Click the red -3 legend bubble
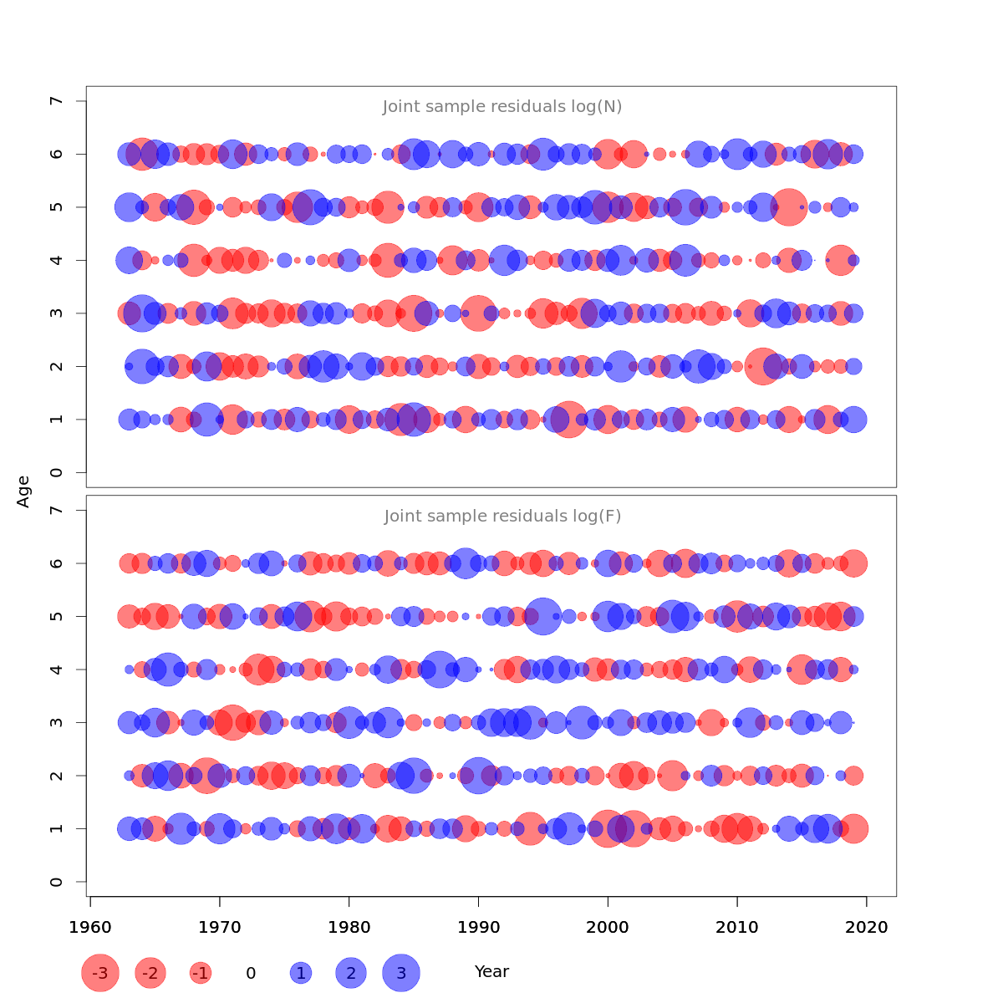(x=100, y=973)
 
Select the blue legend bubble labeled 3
(x=401, y=973)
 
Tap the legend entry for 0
(x=251, y=973)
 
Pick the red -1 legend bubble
(x=200, y=973)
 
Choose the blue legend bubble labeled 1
(x=301, y=973)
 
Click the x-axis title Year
(x=491, y=971)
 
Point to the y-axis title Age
(x=23, y=491)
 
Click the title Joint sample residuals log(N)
(x=502, y=107)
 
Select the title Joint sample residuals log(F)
(x=502, y=517)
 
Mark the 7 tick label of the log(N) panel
(x=56, y=101)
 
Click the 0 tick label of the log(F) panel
(x=56, y=882)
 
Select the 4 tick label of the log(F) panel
(x=56, y=670)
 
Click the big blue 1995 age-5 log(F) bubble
(x=543, y=617)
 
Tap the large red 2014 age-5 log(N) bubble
(x=788, y=207)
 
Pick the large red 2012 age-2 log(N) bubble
(x=762, y=366)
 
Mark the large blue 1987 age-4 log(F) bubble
(x=440, y=670)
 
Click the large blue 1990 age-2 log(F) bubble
(x=478, y=776)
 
